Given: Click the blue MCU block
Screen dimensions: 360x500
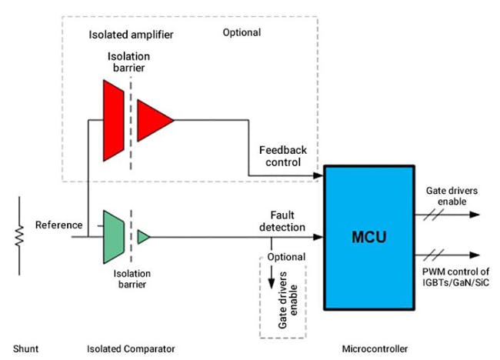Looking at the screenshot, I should pos(369,236).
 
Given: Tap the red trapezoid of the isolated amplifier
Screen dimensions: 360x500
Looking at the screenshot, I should pos(113,120).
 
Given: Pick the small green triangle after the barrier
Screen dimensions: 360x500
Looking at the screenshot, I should pos(142,237).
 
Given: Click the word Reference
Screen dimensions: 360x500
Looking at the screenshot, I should pos(58,225).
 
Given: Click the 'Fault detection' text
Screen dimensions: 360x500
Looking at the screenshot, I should pos(288,221).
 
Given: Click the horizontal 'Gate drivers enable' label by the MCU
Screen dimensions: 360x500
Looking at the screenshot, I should pos(451,195).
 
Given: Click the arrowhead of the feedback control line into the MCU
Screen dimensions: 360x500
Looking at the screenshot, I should pos(318,177).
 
